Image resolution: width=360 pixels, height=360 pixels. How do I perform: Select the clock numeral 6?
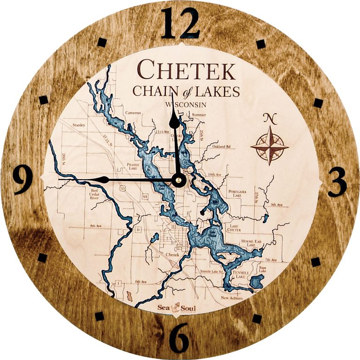(180, 338)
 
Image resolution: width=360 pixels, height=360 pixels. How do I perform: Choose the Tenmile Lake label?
(240, 275)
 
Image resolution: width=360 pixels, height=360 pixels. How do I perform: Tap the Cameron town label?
(133, 113)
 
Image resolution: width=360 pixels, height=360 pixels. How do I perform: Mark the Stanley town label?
(78, 125)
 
